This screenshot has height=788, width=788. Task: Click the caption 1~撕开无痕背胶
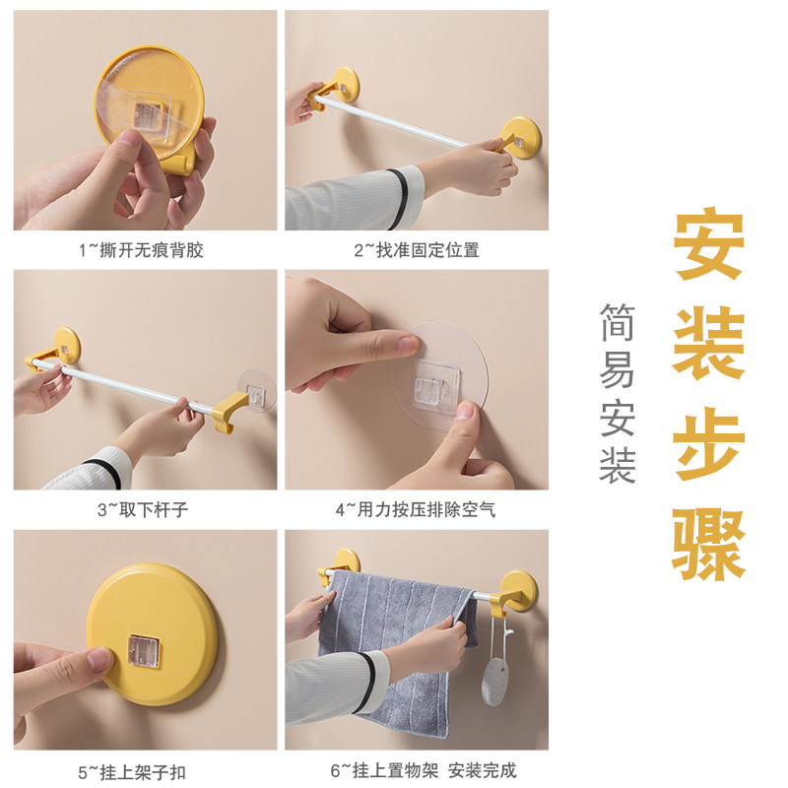[141, 250]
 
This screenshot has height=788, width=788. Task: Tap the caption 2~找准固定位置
[417, 250]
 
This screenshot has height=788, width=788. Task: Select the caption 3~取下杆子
[143, 509]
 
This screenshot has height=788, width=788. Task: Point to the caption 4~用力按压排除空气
[416, 509]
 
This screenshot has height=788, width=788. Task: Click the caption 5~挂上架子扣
[132, 772]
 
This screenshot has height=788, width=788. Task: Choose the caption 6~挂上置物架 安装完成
[424, 770]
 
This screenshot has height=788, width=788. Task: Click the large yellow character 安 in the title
[708, 246]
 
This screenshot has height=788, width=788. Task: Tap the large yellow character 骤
[708, 545]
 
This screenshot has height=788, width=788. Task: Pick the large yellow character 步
[708, 444]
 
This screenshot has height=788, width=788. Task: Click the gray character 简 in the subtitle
[618, 322]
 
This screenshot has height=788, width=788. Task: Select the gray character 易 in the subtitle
[618, 369]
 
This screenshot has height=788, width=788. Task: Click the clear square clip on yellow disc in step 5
[144, 651]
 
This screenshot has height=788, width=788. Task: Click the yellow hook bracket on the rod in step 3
[229, 410]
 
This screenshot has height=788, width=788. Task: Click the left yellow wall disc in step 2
[345, 83]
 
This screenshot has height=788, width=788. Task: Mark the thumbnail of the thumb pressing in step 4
[465, 412]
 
